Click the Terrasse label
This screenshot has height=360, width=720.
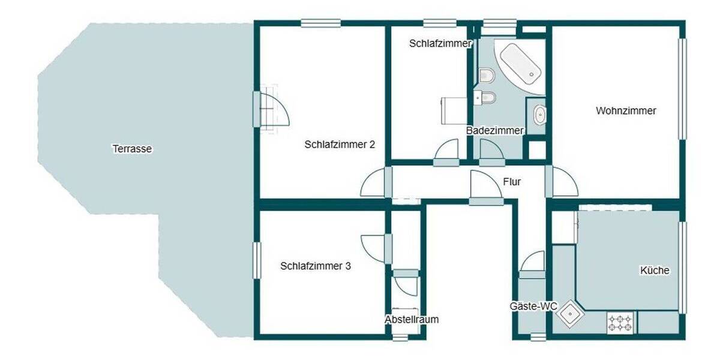pos(132,149)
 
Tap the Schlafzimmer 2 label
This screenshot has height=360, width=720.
pos(340,144)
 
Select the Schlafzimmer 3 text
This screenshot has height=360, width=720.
pos(316,266)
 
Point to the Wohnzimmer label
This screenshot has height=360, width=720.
pos(626,111)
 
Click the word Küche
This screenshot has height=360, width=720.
pos(655,271)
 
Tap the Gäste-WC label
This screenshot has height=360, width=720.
pos(533,307)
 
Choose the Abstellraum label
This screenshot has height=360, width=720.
pos(412,319)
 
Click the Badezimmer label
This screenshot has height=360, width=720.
pos(495,130)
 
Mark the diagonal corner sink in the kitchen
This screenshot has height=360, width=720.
pos(568,316)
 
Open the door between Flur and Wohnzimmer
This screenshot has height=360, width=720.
pos(562,182)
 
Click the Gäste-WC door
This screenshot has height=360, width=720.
pos(532,264)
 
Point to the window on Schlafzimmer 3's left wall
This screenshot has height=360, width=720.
pos(257,260)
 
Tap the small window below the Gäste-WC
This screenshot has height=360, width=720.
pos(538,337)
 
